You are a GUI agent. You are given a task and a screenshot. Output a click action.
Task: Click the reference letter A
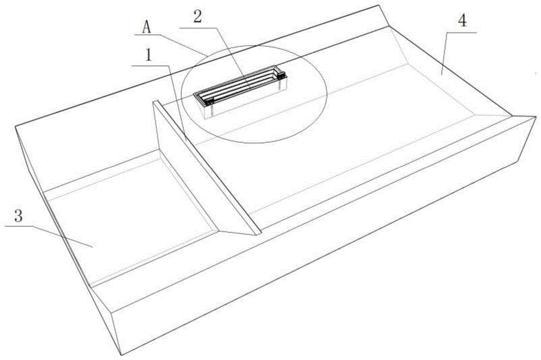147,28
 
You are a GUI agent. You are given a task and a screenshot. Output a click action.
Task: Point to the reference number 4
463,21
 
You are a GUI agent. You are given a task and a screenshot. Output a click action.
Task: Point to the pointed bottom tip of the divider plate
257,235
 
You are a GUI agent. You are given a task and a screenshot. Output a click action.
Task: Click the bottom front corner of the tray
121,355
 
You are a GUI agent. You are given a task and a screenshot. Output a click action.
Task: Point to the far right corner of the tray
536,117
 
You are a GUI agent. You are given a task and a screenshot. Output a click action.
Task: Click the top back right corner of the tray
379,5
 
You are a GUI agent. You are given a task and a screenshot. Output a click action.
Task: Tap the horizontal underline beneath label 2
199,27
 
